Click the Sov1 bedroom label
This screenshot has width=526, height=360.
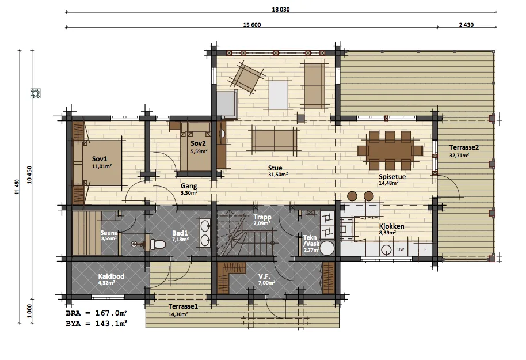click(100, 159)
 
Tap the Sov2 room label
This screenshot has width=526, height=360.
click(198, 143)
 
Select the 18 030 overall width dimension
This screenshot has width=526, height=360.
click(281, 9)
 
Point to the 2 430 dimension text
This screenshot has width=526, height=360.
click(466, 25)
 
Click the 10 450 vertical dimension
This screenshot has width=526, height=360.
click(29, 175)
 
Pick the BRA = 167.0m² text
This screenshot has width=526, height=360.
click(96, 313)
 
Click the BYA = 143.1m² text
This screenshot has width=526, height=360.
click(96, 323)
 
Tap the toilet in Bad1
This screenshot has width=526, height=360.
click(157, 244)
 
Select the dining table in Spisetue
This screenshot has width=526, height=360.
click(390, 150)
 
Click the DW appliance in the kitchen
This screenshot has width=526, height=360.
click(401, 249)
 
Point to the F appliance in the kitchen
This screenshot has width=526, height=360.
click(426, 249)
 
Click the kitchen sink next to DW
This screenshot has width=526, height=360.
click(387, 250)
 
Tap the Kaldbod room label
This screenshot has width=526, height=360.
click(111, 276)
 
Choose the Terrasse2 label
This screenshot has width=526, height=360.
click(464, 147)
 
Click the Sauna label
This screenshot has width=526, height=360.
click(109, 233)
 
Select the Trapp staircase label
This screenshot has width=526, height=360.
click(262, 217)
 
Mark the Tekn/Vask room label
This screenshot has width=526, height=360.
click(311, 241)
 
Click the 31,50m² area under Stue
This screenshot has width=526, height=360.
click(278, 175)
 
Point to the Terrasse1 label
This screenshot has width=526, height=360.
click(183, 306)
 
